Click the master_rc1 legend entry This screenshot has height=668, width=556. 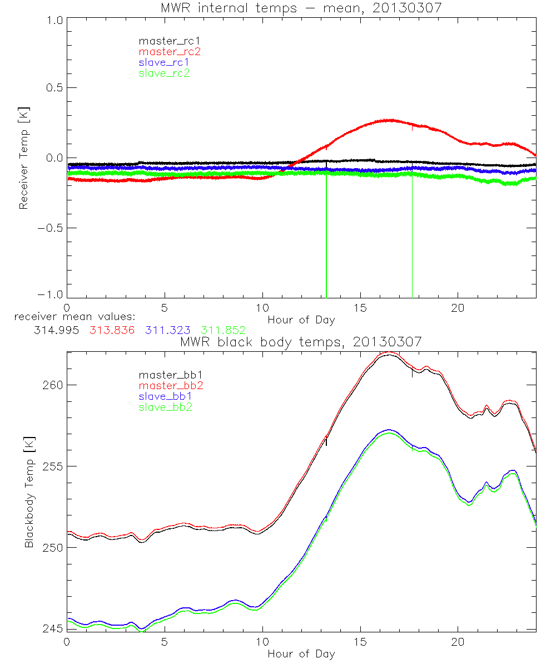[164, 41]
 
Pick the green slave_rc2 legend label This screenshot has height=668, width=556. [164, 73]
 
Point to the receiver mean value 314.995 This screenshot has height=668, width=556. [54, 330]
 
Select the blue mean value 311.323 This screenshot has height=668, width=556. [167, 330]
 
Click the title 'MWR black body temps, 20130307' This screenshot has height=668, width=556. [301, 342]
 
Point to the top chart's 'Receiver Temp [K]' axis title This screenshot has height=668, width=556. [23, 158]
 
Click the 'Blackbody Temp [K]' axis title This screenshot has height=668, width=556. [29, 492]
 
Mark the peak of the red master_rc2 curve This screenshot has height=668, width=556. [389, 120]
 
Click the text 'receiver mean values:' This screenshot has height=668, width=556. [71, 317]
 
